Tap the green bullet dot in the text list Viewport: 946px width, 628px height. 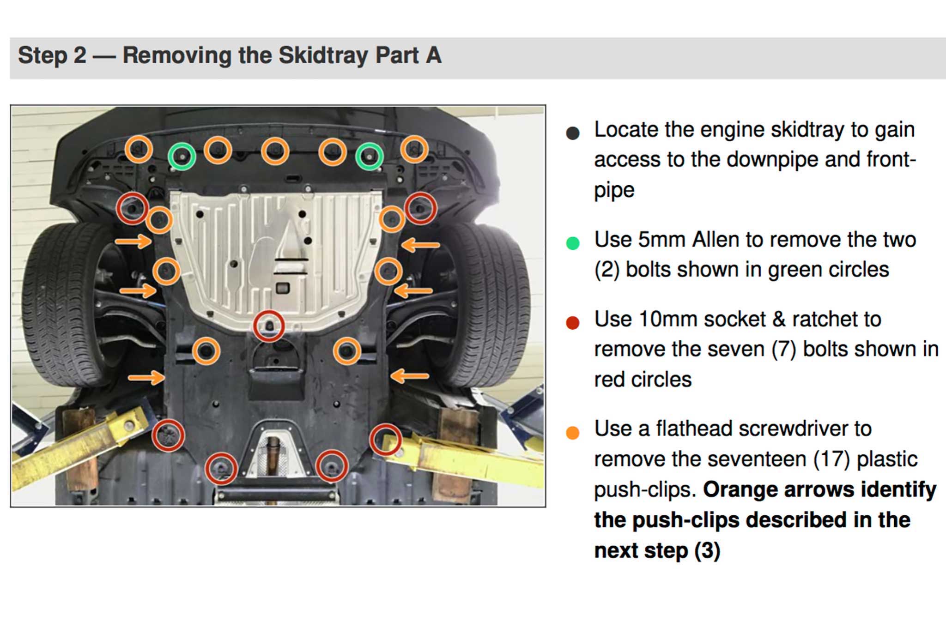pos(573,243)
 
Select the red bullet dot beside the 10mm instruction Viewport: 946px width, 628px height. pos(573,322)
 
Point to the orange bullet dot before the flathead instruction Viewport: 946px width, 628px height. pos(573,433)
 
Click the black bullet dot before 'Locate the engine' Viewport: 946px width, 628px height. pos(573,133)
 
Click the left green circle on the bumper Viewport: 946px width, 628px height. pos(182,157)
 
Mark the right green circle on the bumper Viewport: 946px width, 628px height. pos(370,157)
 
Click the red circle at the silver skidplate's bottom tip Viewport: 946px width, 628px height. pos(268,326)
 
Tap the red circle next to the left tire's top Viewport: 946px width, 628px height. pos(132,209)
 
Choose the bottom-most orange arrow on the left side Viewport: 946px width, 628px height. pos(146,378)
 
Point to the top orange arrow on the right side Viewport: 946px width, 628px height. pos(420,245)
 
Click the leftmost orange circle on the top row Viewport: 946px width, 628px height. pos(139,149)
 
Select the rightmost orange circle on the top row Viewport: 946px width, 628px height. pos(414,150)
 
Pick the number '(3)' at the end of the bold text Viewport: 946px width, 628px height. pos(707,550)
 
